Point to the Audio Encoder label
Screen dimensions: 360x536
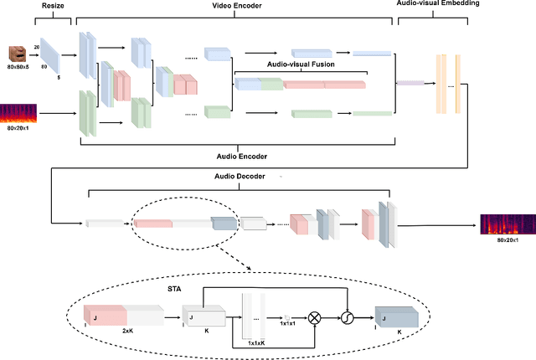point(236,156)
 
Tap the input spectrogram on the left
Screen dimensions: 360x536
point(18,116)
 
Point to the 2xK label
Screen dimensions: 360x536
point(127,332)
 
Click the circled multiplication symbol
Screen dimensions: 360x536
point(316,318)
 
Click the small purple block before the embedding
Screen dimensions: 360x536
point(410,82)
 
